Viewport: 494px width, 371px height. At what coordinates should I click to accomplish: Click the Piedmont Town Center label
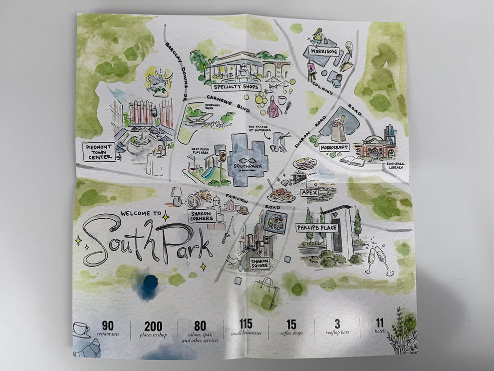(99, 151)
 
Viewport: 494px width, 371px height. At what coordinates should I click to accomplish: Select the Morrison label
(324, 51)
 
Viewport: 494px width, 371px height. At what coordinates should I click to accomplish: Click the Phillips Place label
(317, 228)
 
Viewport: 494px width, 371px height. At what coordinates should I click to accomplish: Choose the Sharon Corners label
(201, 216)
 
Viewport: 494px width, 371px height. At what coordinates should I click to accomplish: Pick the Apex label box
(309, 192)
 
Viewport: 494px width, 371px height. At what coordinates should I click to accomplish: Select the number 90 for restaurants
(108, 326)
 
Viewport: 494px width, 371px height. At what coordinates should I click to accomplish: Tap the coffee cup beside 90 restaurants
(81, 330)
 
